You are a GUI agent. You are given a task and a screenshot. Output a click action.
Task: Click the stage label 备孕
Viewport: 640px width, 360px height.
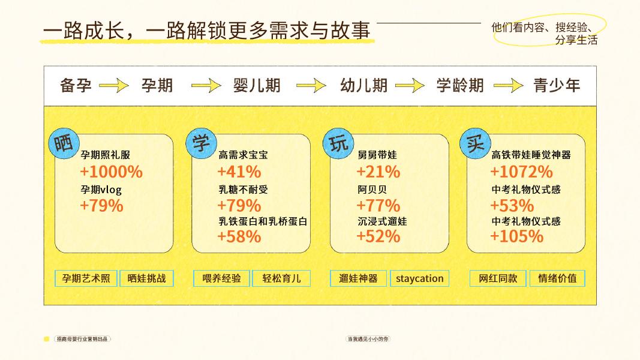click(x=76, y=85)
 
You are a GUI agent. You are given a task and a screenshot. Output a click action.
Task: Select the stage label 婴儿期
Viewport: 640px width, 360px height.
click(x=257, y=85)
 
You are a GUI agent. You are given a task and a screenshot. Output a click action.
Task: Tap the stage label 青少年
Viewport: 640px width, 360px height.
click(x=557, y=85)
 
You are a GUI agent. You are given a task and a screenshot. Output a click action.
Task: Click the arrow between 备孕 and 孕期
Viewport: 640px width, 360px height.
click(x=114, y=86)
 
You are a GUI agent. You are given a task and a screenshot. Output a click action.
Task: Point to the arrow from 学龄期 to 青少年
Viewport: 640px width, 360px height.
click(x=508, y=86)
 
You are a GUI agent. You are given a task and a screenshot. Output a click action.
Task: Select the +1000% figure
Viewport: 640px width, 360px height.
click(x=111, y=172)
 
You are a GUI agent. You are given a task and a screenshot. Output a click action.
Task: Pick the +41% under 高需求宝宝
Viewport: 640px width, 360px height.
click(x=239, y=172)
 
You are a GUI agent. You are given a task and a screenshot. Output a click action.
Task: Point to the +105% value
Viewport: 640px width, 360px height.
click(x=516, y=236)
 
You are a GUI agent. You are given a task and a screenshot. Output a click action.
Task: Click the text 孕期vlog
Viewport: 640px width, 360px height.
click(x=101, y=190)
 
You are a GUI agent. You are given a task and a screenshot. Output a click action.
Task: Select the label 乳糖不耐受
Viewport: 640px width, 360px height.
click(x=243, y=190)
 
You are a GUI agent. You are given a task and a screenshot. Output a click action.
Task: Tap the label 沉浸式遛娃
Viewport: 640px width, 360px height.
click(x=382, y=221)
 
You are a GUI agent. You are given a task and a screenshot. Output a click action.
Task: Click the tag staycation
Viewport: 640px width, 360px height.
click(x=420, y=278)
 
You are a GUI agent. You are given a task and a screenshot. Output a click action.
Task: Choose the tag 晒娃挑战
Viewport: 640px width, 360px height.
click(x=147, y=278)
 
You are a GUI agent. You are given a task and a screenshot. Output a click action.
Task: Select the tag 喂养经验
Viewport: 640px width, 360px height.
click(x=222, y=278)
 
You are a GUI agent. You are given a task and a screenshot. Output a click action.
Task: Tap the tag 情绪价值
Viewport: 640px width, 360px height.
click(x=557, y=278)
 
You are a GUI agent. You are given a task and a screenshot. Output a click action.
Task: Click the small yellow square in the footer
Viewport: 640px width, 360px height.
click(x=47, y=339)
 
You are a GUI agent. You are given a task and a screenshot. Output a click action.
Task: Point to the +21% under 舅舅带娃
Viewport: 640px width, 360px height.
click(x=378, y=172)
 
